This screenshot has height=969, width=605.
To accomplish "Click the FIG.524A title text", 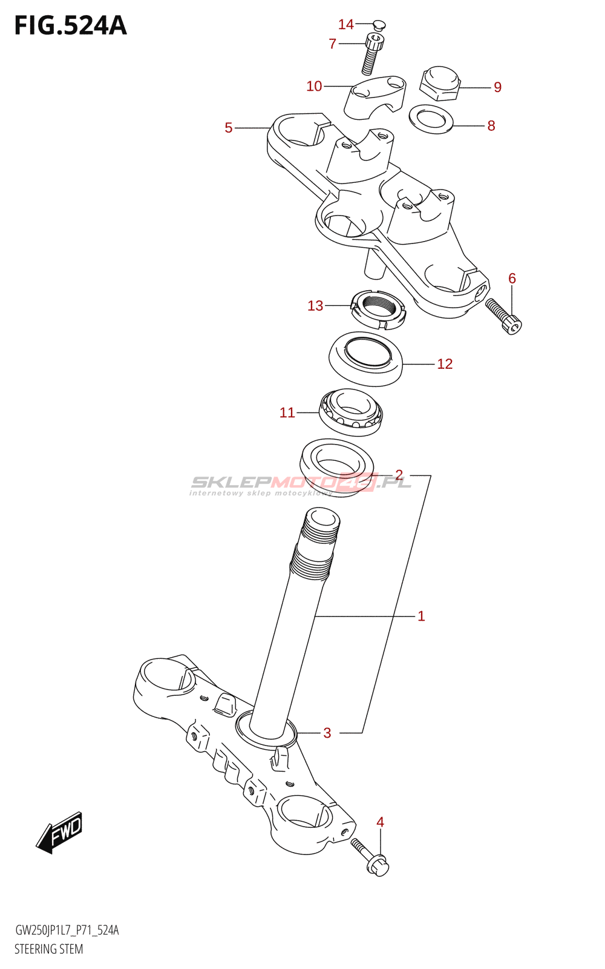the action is coord(70,25).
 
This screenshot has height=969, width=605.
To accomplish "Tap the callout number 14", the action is coord(345,25).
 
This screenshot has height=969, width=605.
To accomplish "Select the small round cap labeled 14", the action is coord(379,25).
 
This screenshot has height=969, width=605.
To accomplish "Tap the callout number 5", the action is coord(229,128).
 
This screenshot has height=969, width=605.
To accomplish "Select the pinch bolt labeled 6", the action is coord(503,317).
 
